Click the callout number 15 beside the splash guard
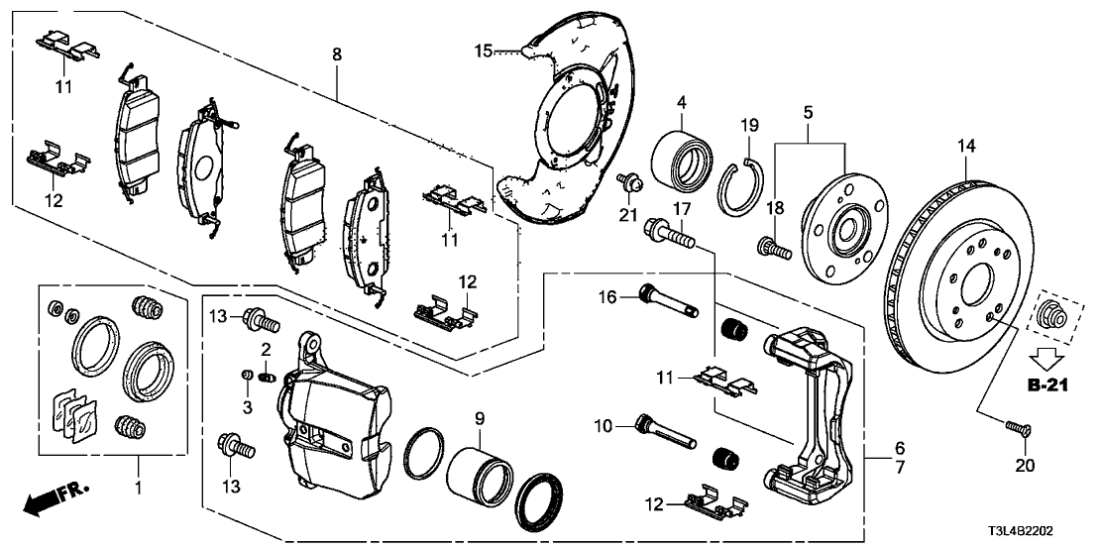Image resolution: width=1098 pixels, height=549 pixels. (483, 50)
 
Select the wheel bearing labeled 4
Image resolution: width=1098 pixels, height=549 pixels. (682, 158)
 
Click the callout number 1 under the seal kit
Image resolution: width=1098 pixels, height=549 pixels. (139, 488)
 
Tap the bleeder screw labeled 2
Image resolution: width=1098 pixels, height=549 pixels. (267, 376)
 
